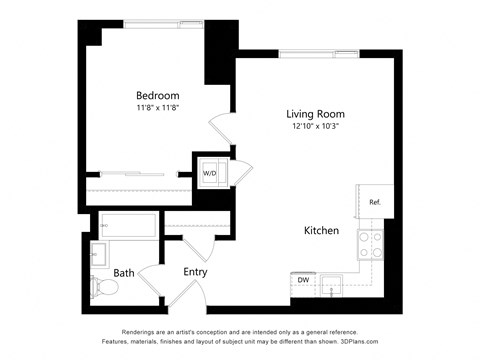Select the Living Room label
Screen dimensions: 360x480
(x=315, y=114)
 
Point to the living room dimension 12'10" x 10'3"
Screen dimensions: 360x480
(x=315, y=127)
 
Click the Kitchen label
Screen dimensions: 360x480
(x=321, y=231)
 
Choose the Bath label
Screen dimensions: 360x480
(x=124, y=272)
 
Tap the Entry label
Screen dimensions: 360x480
(x=195, y=271)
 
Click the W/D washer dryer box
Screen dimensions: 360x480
(x=211, y=173)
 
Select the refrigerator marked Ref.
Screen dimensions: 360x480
(x=374, y=203)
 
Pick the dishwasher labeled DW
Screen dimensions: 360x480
(x=303, y=281)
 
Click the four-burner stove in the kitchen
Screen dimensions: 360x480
(x=372, y=246)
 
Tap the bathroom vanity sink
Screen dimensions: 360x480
(x=100, y=253)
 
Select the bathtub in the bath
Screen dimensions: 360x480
(x=128, y=226)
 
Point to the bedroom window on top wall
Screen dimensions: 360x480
(x=150, y=23)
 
